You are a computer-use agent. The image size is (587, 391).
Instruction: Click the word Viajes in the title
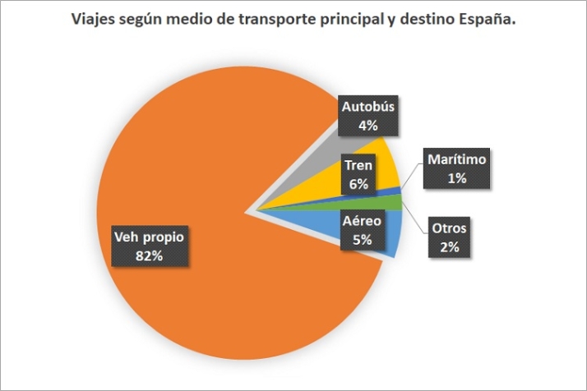tap(90, 19)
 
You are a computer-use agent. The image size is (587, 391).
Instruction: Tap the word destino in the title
tap(419, 19)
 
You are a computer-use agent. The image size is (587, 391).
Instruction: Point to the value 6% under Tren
tap(358, 185)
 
